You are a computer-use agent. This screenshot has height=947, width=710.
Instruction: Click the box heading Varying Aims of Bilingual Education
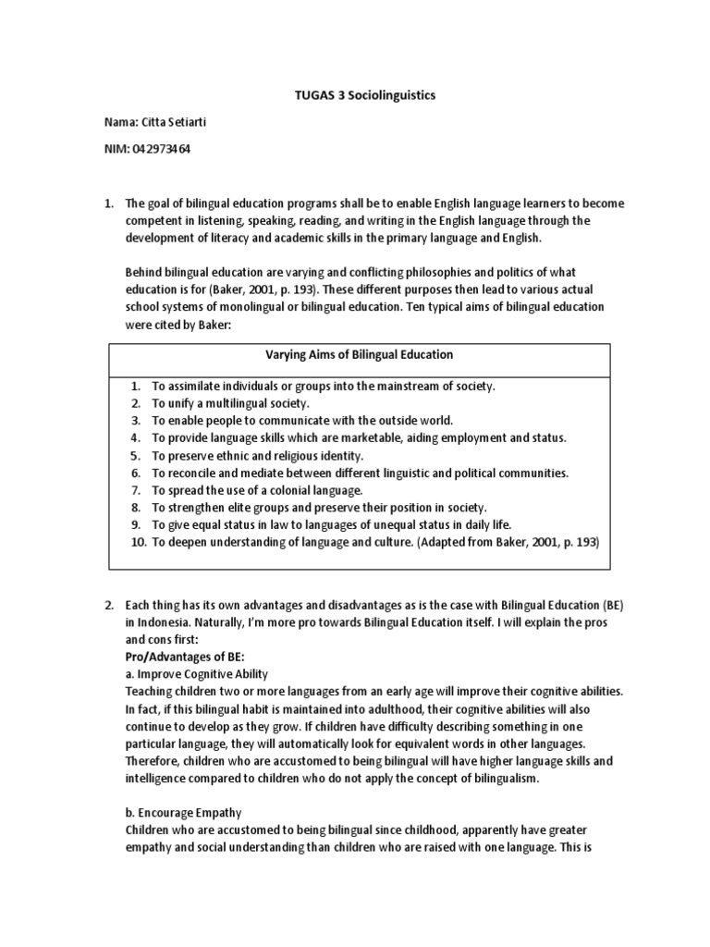click(x=360, y=354)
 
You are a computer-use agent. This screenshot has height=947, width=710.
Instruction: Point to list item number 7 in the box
click(x=136, y=490)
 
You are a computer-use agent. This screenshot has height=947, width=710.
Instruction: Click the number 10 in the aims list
click(x=139, y=543)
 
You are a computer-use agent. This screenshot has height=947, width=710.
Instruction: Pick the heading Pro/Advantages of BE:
click(x=183, y=656)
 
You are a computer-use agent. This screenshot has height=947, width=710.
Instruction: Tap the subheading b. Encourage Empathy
click(x=183, y=813)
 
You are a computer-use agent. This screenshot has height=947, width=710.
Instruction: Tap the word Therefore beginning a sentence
click(x=152, y=760)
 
